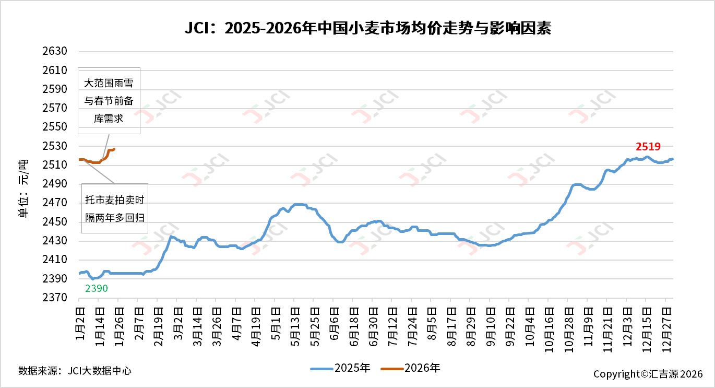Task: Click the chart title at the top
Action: coord(367,28)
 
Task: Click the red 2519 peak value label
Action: coord(648,147)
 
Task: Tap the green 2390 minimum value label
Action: coord(96,288)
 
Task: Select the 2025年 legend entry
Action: coord(340,368)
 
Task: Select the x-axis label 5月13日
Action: coord(294,324)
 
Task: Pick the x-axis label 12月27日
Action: coord(665,324)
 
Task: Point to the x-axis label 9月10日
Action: coord(490,324)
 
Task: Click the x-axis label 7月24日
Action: coord(411,324)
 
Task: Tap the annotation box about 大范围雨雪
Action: coord(109,101)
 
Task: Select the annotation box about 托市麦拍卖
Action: coord(115,208)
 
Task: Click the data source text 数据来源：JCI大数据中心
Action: coord(75,371)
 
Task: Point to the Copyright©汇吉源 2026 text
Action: coord(648,374)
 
